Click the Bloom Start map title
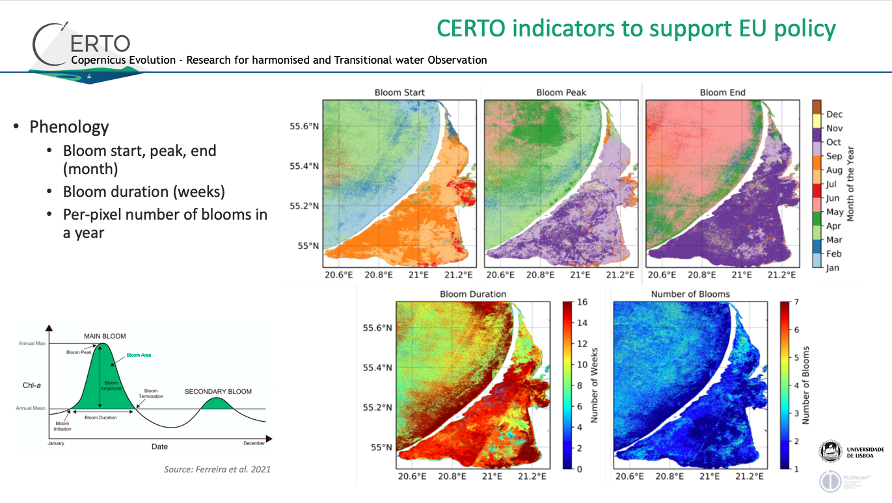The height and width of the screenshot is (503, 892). pos(399,92)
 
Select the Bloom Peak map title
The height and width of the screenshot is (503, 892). pos(561,92)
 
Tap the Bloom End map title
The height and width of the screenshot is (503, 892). pos(722,92)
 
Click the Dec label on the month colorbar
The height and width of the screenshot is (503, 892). pos(834,114)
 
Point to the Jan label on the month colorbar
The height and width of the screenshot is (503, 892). pos(833,267)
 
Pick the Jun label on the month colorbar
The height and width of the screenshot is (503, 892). pos(833,198)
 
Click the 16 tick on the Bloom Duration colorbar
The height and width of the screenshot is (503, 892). pos(582,303)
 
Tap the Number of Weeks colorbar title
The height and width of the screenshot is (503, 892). pos(595,385)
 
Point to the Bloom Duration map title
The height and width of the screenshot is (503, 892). pos(473,294)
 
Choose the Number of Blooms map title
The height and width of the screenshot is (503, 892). pos(690,294)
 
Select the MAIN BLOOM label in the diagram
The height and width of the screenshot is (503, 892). pos(105,336)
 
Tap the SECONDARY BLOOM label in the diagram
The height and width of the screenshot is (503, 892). pos(218,392)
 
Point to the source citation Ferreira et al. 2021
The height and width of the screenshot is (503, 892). pos(217,469)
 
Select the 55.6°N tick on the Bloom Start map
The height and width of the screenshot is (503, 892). pos(304,125)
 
